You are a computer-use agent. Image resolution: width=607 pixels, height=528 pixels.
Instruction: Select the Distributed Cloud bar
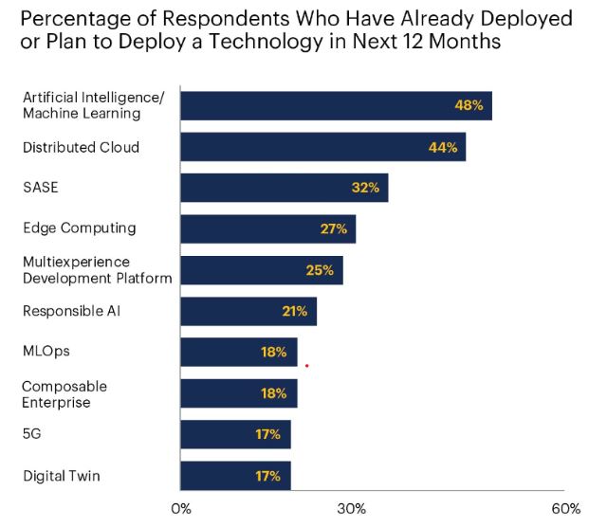click(x=322, y=147)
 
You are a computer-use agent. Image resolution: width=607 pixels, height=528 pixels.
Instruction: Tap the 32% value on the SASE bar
click(x=365, y=188)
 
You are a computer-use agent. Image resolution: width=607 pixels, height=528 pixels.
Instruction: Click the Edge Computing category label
click(x=79, y=228)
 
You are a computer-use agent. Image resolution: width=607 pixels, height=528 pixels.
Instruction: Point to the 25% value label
click(x=320, y=270)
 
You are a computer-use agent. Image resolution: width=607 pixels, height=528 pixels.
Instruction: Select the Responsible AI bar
click(x=248, y=311)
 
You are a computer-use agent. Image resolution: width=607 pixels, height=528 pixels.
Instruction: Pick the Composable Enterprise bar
click(x=238, y=393)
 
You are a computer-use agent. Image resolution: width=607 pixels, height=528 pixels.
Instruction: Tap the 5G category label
click(x=33, y=434)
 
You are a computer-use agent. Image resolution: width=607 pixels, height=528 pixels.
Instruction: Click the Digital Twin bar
click(x=235, y=475)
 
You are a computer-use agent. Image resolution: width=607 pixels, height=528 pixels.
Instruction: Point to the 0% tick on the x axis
click(x=180, y=509)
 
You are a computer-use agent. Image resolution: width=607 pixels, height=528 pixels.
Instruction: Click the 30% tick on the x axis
click(x=352, y=509)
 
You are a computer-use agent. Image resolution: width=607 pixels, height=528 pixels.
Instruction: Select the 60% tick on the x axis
click(x=565, y=509)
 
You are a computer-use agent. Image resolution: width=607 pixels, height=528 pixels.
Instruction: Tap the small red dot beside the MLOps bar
click(x=306, y=364)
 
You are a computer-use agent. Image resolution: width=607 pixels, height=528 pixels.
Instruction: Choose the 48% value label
click(x=469, y=106)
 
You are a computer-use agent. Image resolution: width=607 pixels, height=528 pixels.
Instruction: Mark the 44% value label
click(x=443, y=147)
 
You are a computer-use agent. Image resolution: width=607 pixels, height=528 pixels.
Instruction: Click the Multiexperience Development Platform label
click(x=97, y=269)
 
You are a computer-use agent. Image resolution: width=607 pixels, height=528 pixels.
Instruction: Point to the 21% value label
click(x=294, y=311)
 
